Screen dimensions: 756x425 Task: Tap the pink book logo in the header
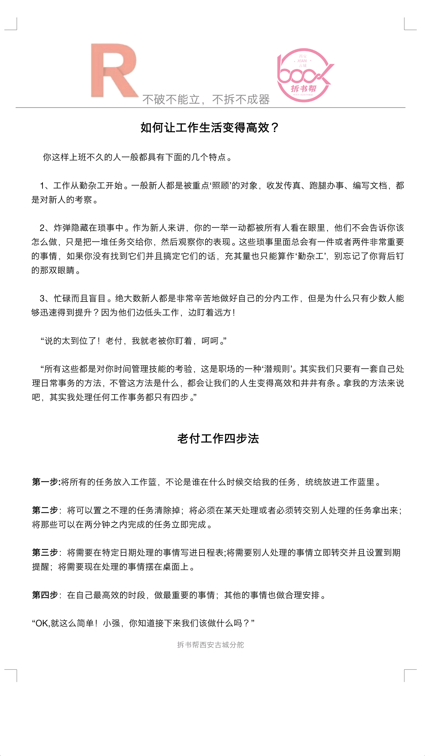[x=304, y=75]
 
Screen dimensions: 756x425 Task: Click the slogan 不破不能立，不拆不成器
[x=206, y=100]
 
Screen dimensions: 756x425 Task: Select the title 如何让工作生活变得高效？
[x=209, y=128]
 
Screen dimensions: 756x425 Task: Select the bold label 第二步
[x=45, y=510]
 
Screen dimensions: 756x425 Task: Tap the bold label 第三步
[x=45, y=553]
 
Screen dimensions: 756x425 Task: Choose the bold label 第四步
[x=45, y=595]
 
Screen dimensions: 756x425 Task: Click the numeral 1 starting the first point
[x=42, y=186]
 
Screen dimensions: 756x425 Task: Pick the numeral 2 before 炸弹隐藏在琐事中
[x=42, y=228]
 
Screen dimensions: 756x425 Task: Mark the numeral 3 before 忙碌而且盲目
[x=42, y=299]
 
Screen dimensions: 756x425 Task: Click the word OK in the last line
[x=42, y=623]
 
